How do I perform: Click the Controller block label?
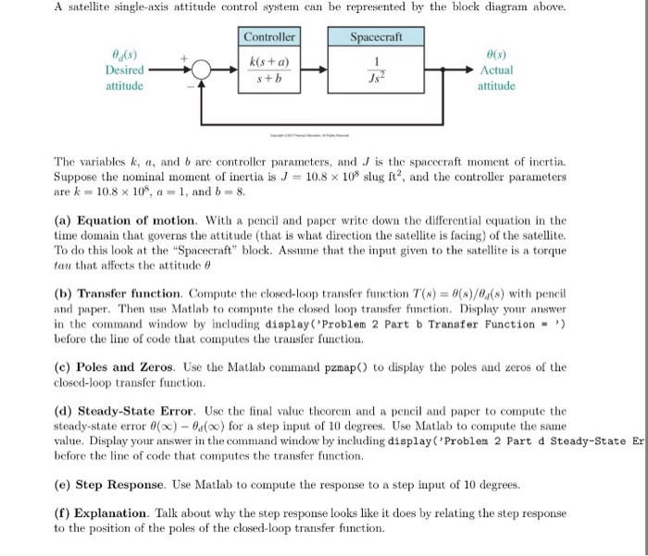tap(269, 38)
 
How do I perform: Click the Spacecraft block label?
tap(376, 38)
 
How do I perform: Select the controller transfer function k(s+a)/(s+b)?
tap(269, 70)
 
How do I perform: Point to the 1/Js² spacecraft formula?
tap(376, 70)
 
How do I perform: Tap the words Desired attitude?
tap(125, 78)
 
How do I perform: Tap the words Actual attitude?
tap(496, 78)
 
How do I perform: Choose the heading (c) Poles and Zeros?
tap(120, 367)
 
